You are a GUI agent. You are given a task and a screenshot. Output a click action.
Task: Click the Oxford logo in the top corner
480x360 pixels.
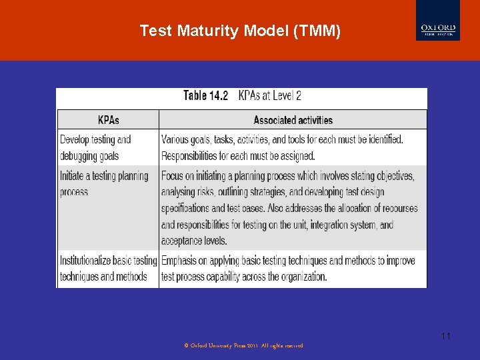coord(437,21)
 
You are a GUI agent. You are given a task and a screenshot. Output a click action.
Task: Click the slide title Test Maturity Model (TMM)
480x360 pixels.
coord(240,31)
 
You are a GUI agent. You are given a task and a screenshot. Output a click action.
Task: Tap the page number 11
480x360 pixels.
coord(445,336)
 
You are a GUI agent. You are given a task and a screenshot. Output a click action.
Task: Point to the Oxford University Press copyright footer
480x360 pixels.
coord(243,346)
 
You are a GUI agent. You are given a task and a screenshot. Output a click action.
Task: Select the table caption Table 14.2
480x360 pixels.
coord(205,95)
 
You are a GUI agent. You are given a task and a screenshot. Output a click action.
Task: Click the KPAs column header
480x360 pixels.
coord(109,120)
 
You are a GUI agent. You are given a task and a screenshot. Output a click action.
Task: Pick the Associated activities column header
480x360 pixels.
coord(293,120)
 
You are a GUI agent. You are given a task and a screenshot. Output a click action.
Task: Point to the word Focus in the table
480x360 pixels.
coord(174,176)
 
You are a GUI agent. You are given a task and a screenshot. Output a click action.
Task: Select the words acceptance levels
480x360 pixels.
coord(193,241)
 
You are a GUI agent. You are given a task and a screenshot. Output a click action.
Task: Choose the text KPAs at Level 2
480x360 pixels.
coord(269,95)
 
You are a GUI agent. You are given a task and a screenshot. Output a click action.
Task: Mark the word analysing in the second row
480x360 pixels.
coord(181,192)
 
